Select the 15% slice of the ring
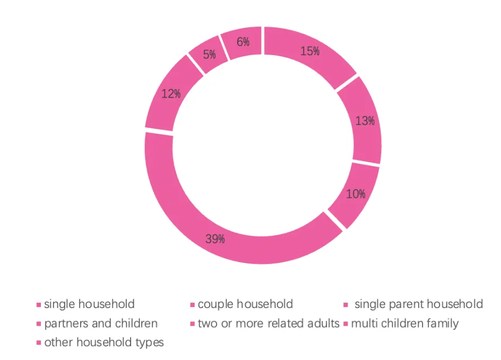[309, 51]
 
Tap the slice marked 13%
[365, 121]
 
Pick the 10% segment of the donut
[355, 194]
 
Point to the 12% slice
[171, 94]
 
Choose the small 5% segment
[209, 54]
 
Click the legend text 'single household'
[89, 304]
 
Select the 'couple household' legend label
[245, 304]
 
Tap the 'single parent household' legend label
[418, 304]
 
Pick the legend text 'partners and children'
[101, 323]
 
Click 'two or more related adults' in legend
[268, 323]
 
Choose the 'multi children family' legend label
[404, 323]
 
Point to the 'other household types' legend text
[104, 343]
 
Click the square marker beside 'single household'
[39, 305]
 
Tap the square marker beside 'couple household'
[193, 305]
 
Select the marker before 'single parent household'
[345, 305]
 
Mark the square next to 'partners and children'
[39, 324]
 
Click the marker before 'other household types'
[39, 343]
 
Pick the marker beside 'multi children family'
[345, 324]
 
